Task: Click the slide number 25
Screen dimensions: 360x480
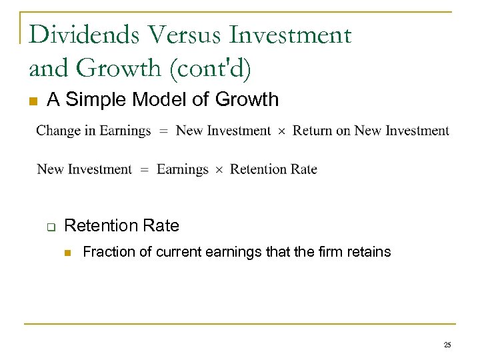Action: click(x=447, y=345)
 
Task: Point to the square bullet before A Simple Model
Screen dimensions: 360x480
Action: click(x=31, y=101)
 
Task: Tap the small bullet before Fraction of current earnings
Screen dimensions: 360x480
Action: click(x=67, y=252)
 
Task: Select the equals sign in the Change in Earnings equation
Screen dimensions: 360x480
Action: click(x=163, y=131)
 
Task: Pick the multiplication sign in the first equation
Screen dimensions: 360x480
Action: click(x=281, y=131)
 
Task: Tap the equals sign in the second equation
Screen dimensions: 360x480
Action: click(x=144, y=170)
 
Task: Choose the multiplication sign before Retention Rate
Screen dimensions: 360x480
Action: click(x=219, y=170)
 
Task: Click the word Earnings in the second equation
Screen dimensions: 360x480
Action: click(x=182, y=169)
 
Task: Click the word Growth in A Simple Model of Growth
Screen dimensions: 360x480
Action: click(x=247, y=100)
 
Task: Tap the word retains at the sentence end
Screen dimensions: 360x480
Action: click(x=371, y=252)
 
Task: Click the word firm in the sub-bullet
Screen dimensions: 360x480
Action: click(x=336, y=252)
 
